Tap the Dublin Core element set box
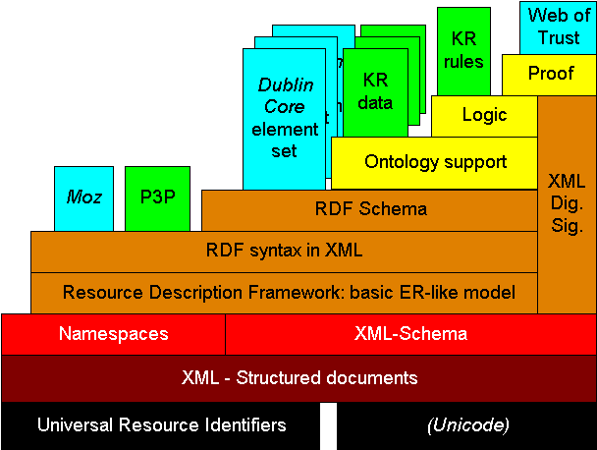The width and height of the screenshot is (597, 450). click(x=284, y=118)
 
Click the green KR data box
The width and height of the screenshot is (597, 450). click(x=376, y=91)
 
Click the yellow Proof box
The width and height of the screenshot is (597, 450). click(x=550, y=74)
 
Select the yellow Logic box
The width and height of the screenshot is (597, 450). click(x=483, y=115)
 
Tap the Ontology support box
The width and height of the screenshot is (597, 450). click(x=435, y=162)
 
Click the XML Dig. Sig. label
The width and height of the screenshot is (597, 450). click(x=566, y=203)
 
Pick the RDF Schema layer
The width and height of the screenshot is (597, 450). click(x=370, y=209)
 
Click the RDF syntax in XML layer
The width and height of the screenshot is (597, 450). click(x=284, y=251)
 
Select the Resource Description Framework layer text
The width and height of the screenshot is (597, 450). click(x=288, y=292)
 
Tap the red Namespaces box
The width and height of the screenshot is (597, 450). click(x=113, y=333)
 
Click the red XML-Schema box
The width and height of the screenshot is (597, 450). click(x=410, y=333)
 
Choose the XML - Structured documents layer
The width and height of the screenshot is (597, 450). click(x=298, y=377)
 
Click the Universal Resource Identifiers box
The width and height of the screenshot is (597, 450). click(x=161, y=425)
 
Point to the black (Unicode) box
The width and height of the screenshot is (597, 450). click(x=466, y=425)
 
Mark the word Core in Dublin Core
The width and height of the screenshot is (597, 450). click(x=284, y=106)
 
